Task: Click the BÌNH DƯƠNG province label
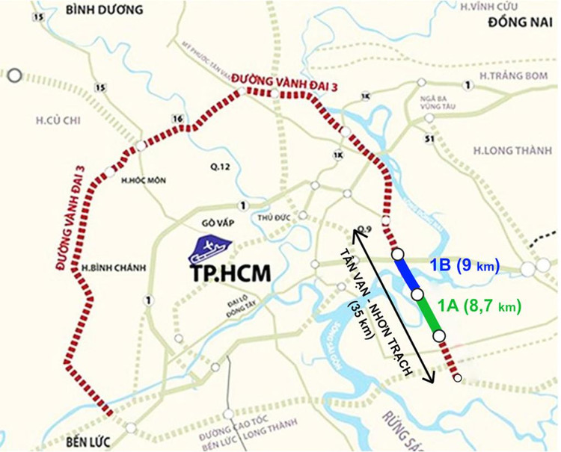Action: [102, 10]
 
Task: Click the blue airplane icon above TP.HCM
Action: [209, 247]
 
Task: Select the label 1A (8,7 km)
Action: [479, 305]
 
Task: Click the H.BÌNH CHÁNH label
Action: [111, 267]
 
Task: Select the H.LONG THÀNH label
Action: [506, 151]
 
